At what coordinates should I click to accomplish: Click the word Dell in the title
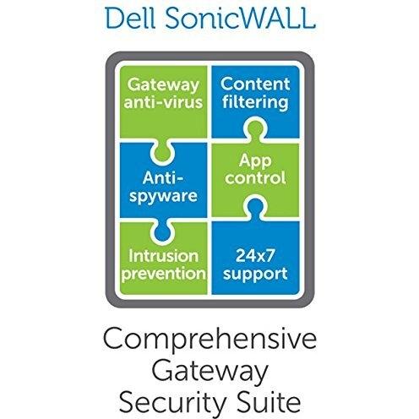tap(131, 19)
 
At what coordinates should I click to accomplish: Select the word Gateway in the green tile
tap(163, 85)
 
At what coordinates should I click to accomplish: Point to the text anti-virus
tap(163, 102)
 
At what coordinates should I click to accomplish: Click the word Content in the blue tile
tap(255, 84)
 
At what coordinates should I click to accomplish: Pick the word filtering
tap(255, 102)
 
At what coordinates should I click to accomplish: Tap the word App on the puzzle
tap(255, 162)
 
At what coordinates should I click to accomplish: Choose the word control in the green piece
tap(255, 178)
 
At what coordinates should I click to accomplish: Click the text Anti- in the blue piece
tap(163, 177)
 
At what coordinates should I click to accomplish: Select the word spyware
tap(163, 196)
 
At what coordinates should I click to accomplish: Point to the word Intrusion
tap(163, 256)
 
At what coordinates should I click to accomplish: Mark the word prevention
tap(164, 274)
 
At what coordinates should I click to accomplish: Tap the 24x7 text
tap(255, 256)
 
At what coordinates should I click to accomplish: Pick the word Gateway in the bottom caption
tap(209, 372)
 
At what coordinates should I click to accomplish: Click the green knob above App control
tap(254, 128)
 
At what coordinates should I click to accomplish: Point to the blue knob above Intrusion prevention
tap(162, 231)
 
